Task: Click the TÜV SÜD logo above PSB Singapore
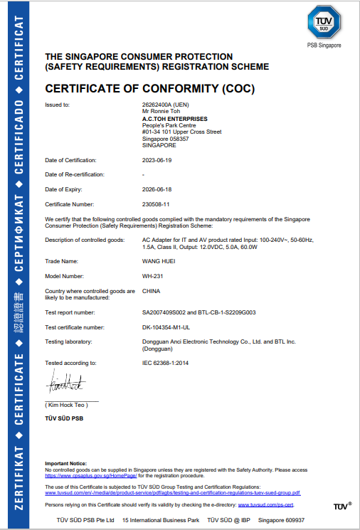(324, 25)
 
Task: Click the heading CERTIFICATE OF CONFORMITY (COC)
(149, 89)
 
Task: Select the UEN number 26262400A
(164, 105)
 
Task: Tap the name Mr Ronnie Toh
(162, 112)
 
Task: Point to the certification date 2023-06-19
(157, 160)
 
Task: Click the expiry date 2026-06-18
(157, 189)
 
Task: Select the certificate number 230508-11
(156, 203)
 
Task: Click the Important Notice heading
(65, 463)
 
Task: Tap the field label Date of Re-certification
(75, 174)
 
